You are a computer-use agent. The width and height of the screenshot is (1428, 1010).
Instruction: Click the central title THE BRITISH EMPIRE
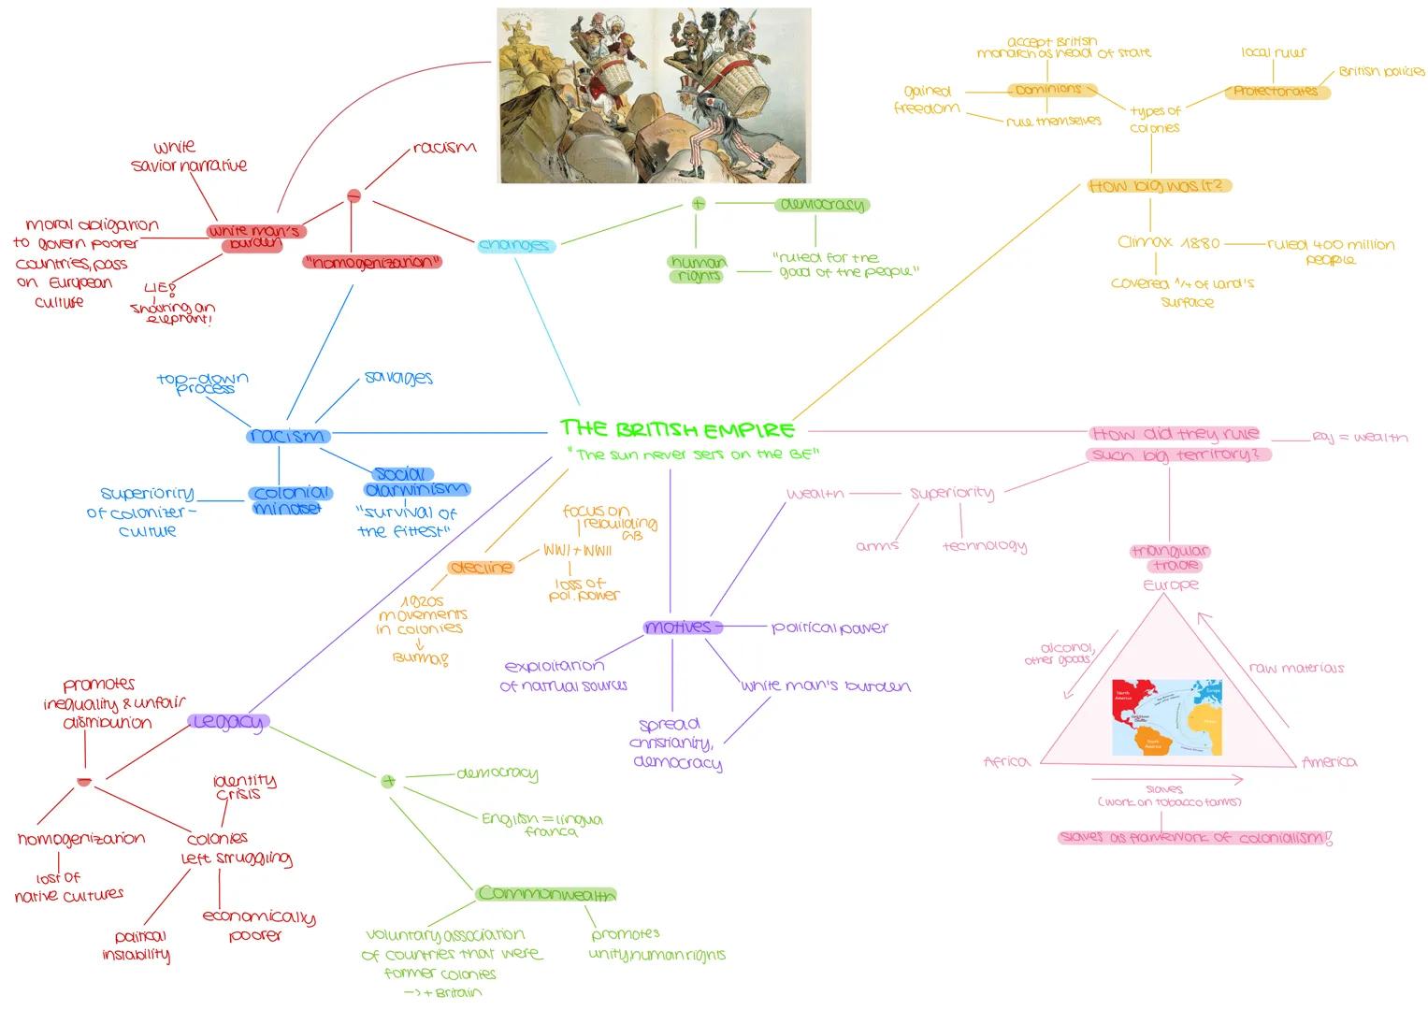pos(677,429)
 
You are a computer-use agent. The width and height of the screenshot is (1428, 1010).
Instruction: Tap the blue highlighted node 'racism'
pos(288,436)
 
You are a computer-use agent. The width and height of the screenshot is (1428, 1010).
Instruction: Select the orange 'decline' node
pos(481,568)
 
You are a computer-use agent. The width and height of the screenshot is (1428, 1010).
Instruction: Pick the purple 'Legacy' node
pos(228,722)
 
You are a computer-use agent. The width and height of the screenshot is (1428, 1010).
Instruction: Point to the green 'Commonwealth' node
pos(546,894)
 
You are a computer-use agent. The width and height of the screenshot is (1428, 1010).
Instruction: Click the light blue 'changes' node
pos(515,245)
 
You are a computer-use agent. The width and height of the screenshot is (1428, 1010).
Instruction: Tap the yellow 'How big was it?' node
pos(1160,186)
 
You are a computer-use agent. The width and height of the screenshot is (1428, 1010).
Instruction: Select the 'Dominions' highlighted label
pos(1048,90)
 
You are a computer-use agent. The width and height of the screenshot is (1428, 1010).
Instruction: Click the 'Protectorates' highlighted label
pos(1277,92)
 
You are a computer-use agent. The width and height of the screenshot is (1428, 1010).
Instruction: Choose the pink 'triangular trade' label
pos(1170,558)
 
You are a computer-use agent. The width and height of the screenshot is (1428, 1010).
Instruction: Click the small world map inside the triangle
pos(1167,717)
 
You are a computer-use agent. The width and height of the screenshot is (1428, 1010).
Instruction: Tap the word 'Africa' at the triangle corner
pos(1006,762)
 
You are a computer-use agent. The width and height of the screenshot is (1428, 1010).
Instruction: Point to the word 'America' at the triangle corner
pos(1329,762)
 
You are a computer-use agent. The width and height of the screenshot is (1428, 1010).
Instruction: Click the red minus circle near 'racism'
pos(353,195)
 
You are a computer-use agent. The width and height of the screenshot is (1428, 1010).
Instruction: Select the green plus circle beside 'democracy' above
pos(698,203)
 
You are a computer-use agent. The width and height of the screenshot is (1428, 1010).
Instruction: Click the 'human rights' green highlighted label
pos(698,269)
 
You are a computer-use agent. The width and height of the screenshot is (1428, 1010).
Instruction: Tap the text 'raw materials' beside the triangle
pos(1296,669)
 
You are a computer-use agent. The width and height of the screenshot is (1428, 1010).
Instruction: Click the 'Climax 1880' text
pos(1169,243)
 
